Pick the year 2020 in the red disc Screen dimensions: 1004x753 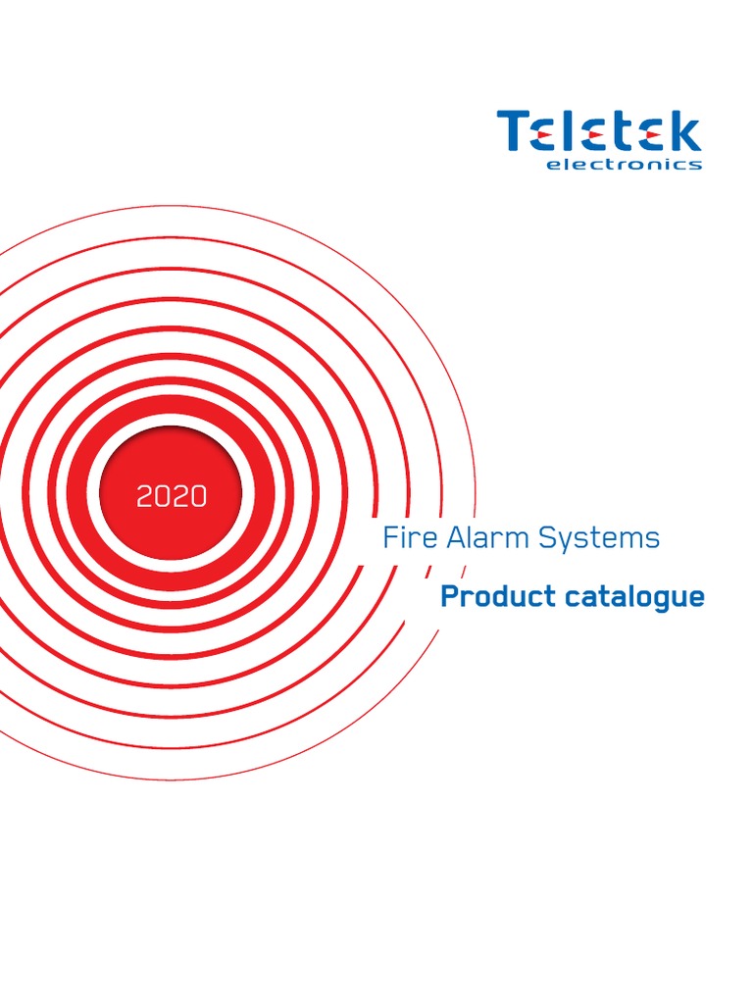pos(172,496)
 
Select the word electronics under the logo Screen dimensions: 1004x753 pos(623,165)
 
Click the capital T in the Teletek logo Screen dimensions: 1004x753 pos(515,131)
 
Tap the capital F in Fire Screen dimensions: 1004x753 pos(389,537)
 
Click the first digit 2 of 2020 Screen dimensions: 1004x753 pos(145,496)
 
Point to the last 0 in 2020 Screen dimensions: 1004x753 pos(199,496)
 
